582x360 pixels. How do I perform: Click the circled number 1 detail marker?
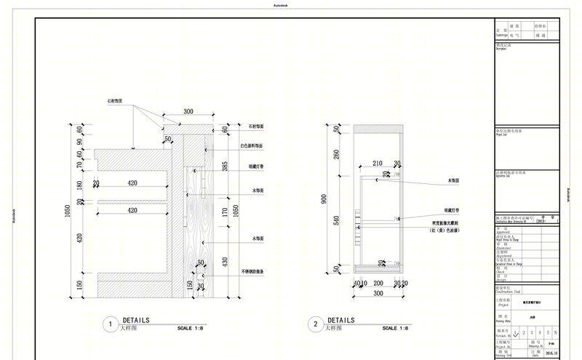pyautogui.click(x=110, y=324)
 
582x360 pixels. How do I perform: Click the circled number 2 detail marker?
pyautogui.click(x=315, y=324)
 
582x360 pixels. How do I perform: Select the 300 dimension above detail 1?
pyautogui.click(x=188, y=112)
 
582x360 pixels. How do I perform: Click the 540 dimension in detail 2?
pyautogui.click(x=337, y=220)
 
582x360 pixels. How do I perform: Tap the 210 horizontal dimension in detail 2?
pyautogui.click(x=378, y=164)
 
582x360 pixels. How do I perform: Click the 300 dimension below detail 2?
pyautogui.click(x=378, y=293)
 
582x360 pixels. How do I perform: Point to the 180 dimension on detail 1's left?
pyautogui.click(x=80, y=185)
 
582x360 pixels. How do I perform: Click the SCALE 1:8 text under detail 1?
pyautogui.click(x=191, y=329)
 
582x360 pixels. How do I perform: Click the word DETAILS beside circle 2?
pyautogui.click(x=341, y=320)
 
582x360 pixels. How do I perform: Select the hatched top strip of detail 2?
pyautogui.click(x=378, y=129)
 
